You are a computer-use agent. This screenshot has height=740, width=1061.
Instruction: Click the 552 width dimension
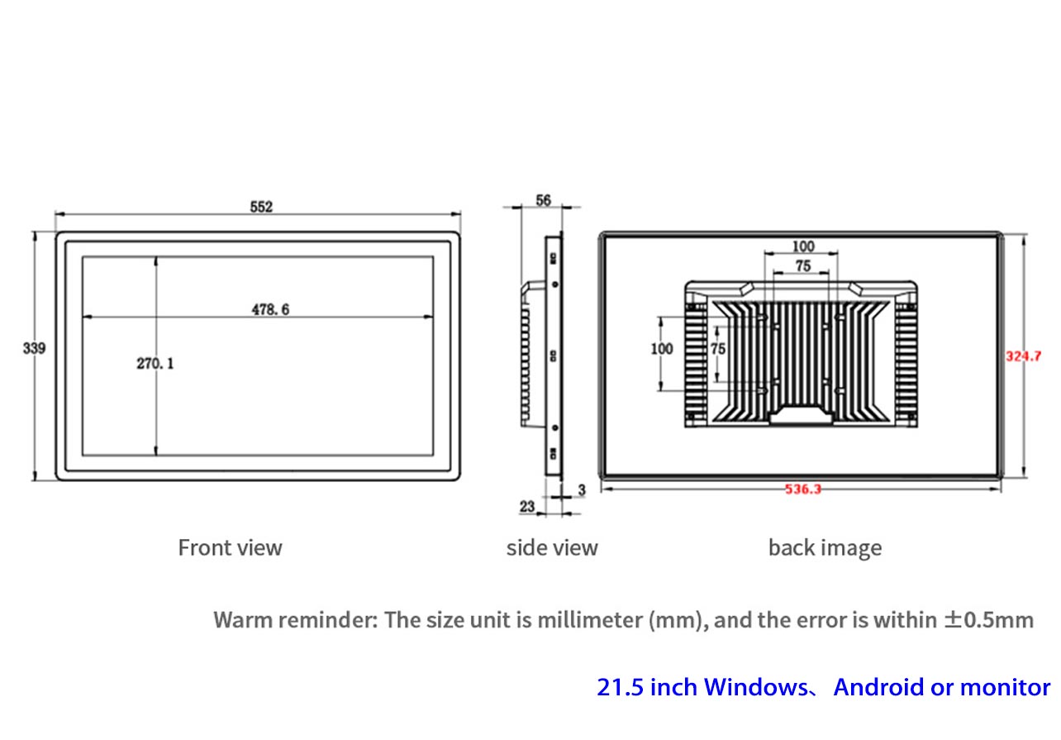coord(261,207)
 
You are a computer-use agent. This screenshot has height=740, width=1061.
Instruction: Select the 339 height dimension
coord(34,348)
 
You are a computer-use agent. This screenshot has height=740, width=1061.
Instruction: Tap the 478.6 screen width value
coord(270,309)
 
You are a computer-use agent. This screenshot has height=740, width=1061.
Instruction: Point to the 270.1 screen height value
coord(155,364)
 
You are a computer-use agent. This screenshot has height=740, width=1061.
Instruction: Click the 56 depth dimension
coord(543,200)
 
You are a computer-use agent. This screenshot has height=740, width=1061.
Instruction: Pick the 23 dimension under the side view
coord(527,507)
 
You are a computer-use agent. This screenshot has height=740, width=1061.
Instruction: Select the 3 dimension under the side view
coord(582,489)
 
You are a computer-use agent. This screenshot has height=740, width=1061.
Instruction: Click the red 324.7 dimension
coord(1023,356)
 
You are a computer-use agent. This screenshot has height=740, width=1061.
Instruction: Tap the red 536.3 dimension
coord(803,489)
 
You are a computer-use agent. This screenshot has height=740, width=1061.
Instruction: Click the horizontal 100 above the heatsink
coord(803,246)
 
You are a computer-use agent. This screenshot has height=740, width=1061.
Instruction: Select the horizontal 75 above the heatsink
coord(803,266)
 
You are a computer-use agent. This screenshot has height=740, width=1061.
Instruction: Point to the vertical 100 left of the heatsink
coord(662,349)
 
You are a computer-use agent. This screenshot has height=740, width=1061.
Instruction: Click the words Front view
coord(231,547)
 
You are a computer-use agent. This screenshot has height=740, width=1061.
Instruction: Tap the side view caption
coord(552,548)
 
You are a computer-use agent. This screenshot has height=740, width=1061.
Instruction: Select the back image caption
coord(825,548)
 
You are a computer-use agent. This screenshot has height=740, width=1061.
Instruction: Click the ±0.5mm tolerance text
coord(989,619)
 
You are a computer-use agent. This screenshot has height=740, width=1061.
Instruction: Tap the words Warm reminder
coord(296,619)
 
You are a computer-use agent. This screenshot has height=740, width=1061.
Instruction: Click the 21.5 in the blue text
coord(620,687)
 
